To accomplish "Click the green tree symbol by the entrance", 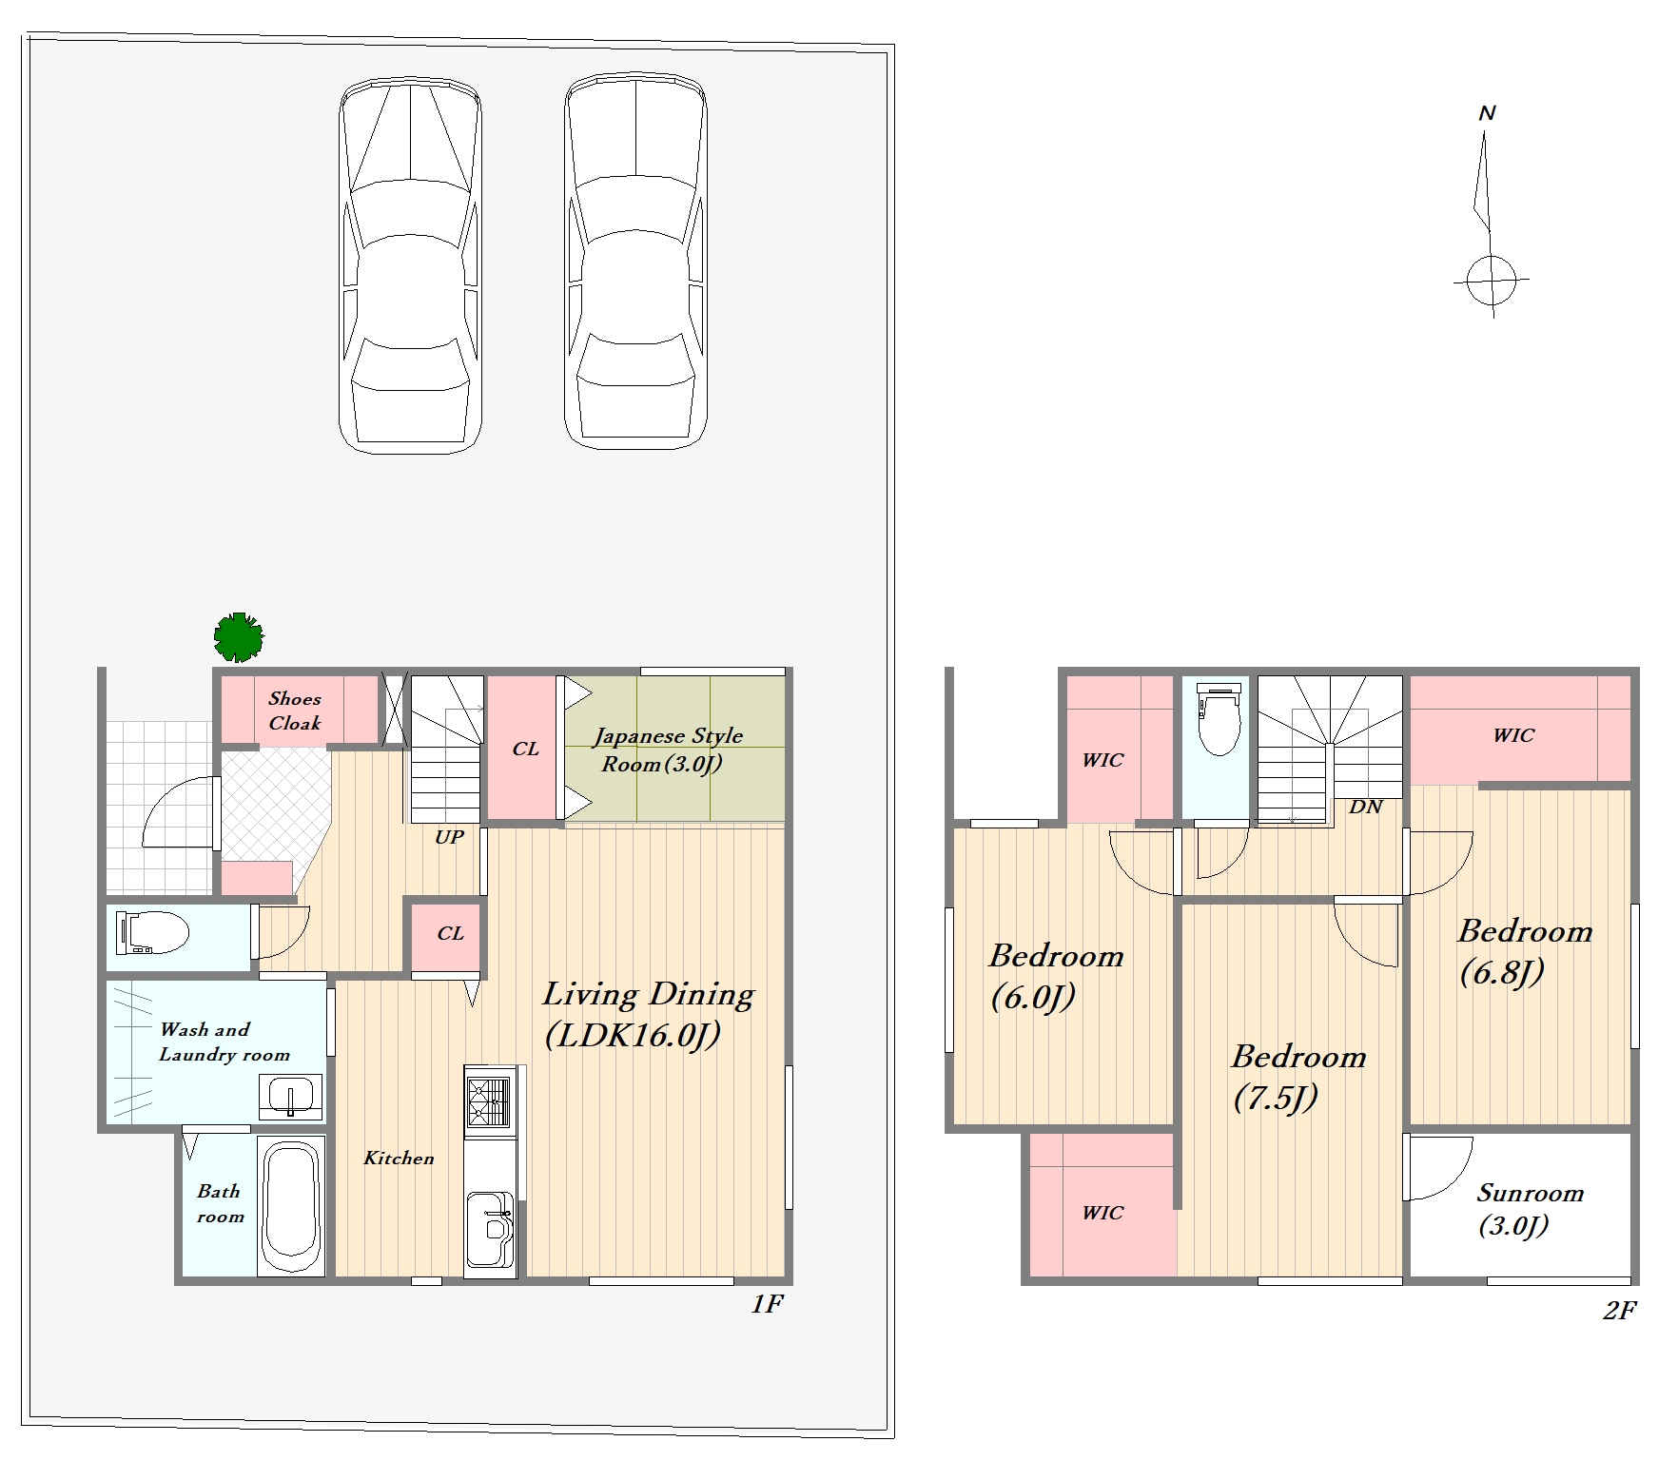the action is point(239,637).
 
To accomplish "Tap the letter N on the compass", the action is point(1488,113).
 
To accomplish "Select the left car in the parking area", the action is point(410,265).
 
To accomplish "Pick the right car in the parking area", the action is point(635,261).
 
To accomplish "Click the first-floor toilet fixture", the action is point(151,933).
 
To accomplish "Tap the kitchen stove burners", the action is point(487,1101).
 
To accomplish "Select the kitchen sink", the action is point(490,1229).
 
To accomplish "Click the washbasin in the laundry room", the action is point(291,1098).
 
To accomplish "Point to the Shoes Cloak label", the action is point(295,711).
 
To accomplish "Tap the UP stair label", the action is point(449,837).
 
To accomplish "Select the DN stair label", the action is point(1366,807).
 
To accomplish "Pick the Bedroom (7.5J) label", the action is point(1298,1076).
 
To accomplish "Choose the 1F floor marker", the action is point(767,1303).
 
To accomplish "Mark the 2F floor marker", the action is point(1619,1311).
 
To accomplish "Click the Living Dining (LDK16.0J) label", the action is point(648,1014).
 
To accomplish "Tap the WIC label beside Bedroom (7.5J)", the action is point(1102,1213).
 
